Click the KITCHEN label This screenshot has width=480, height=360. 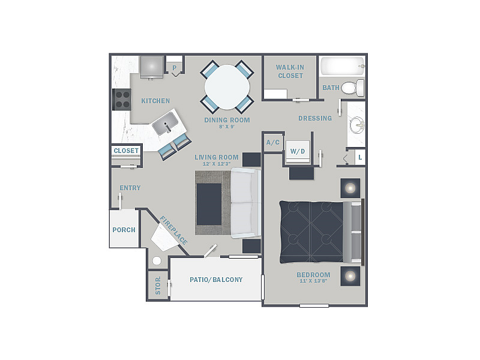point(155,101)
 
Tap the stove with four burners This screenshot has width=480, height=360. point(122,100)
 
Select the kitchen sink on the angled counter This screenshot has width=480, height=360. point(166,124)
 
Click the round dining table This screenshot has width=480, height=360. point(227,87)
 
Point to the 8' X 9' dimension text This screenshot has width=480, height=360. point(227,127)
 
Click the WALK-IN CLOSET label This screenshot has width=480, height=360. point(290,71)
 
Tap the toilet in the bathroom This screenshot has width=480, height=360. point(353,88)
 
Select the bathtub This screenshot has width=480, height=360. point(343,66)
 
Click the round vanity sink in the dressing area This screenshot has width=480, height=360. point(357,125)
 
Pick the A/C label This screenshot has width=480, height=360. point(273,142)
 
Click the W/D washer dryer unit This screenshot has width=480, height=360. point(298,152)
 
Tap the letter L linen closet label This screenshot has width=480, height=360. point(361,157)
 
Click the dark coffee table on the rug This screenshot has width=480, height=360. point(209,204)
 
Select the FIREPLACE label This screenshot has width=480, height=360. point(173,230)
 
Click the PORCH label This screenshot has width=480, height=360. point(124,230)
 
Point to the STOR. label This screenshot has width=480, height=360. point(158,286)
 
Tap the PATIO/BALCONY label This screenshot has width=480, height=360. point(216,280)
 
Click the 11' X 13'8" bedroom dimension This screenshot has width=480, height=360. point(313,281)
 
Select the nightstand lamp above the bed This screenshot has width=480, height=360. point(350,188)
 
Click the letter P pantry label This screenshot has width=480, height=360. point(175,68)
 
